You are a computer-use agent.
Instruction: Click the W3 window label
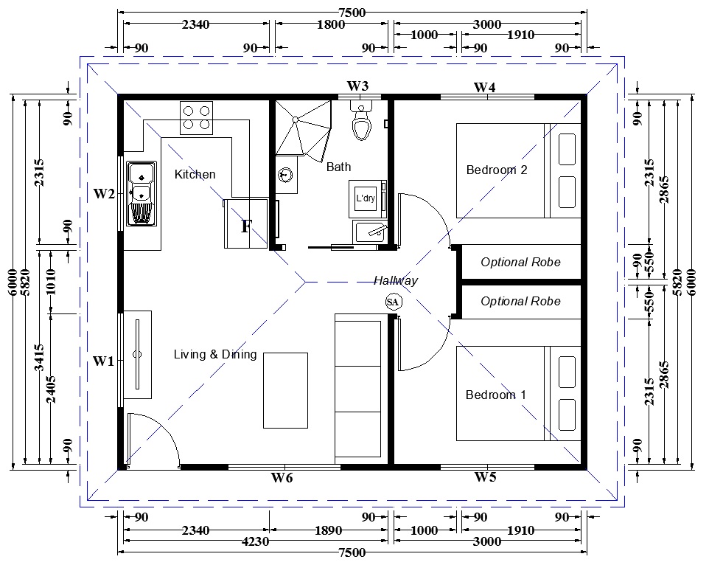pyautogui.click(x=357, y=86)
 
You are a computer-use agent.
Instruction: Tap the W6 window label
pyautogui.click(x=282, y=477)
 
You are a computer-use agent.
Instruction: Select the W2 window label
pyautogui.click(x=104, y=193)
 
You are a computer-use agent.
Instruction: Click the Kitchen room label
pyautogui.click(x=195, y=174)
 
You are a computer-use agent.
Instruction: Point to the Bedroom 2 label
pyautogui.click(x=497, y=170)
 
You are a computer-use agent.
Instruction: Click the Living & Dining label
pyautogui.click(x=215, y=354)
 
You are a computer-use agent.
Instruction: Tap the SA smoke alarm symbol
pyautogui.click(x=393, y=302)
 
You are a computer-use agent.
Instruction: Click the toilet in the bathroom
pyautogui.click(x=361, y=120)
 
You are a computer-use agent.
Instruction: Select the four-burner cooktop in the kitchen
pyautogui.click(x=196, y=117)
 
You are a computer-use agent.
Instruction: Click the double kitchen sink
pyautogui.click(x=142, y=193)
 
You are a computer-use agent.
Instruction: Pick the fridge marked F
pyautogui.click(x=246, y=223)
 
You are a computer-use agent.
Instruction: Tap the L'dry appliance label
pyautogui.click(x=366, y=198)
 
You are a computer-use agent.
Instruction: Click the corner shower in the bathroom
pyautogui.click(x=304, y=131)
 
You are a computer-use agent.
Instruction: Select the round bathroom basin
pyautogui.click(x=285, y=174)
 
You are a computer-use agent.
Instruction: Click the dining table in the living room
pyautogui.click(x=286, y=390)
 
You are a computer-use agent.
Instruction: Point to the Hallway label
pyautogui.click(x=396, y=280)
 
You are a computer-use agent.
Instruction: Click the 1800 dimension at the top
pyautogui.click(x=331, y=24)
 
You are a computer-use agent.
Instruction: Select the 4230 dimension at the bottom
pyautogui.click(x=256, y=541)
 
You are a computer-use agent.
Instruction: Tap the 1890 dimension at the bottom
pyautogui.click(x=328, y=530)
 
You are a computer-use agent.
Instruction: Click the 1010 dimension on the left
pyautogui.click(x=51, y=281)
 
